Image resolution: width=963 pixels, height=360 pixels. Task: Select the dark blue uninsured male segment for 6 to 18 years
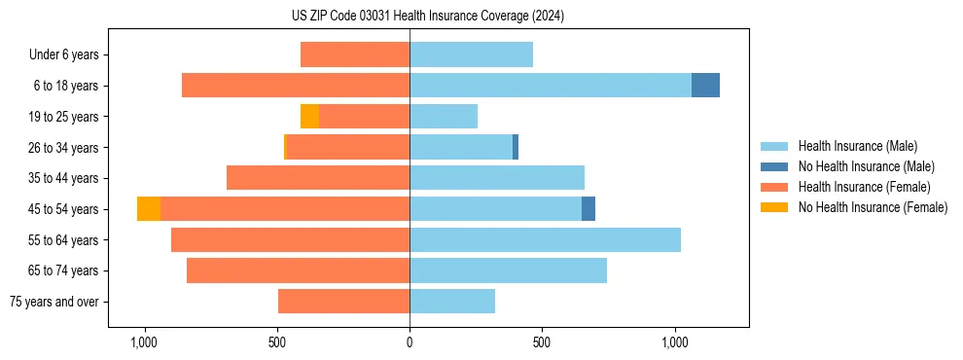pyautogui.click(x=705, y=86)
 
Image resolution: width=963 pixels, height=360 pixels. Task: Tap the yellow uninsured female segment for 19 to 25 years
pyautogui.click(x=309, y=117)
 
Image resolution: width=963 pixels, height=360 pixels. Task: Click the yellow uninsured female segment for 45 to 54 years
pyautogui.click(x=149, y=209)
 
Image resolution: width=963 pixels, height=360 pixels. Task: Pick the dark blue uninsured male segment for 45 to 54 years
pyautogui.click(x=588, y=209)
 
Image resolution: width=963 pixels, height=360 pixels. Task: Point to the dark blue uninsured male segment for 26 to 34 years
pyautogui.click(x=516, y=148)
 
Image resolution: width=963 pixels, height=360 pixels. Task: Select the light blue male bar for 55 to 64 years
pyautogui.click(x=545, y=240)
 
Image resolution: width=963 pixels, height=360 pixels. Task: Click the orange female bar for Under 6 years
pyautogui.click(x=355, y=55)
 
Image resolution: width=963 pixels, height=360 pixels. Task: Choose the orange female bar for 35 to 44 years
pyautogui.click(x=318, y=178)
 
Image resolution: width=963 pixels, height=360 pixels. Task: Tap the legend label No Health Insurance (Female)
pyautogui.click(x=873, y=207)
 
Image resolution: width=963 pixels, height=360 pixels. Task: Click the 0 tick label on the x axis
pyautogui.click(x=410, y=343)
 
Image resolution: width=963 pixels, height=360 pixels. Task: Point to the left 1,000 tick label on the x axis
pyautogui.click(x=144, y=343)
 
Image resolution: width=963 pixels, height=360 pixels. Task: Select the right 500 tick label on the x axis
pyautogui.click(x=542, y=343)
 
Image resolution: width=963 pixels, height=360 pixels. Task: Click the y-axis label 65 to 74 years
pyautogui.click(x=64, y=271)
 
